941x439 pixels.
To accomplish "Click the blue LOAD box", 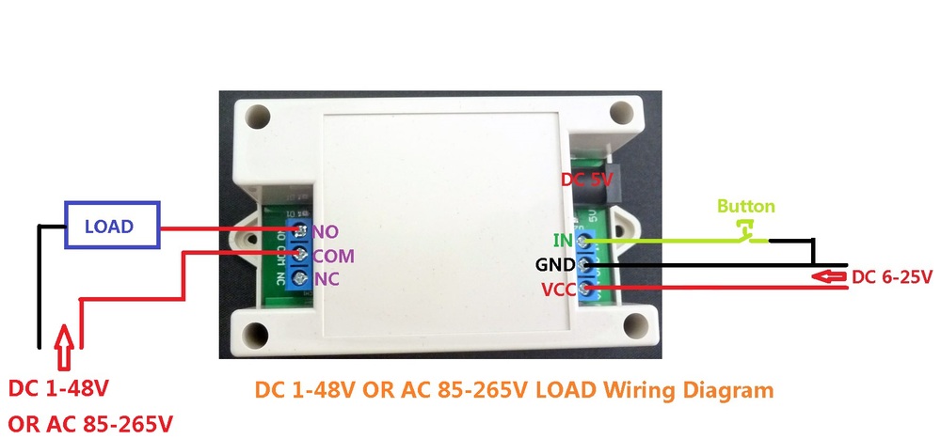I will coord(108,227).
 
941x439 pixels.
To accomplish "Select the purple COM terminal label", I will coord(333,255).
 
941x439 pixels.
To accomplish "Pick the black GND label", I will coord(555,265).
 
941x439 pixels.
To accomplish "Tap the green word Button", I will coord(746,206).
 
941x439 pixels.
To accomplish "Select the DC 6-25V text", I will coord(892,277).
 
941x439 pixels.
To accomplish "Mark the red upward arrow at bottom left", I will coord(65,342).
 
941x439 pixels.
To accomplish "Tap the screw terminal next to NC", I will coord(300,277).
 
